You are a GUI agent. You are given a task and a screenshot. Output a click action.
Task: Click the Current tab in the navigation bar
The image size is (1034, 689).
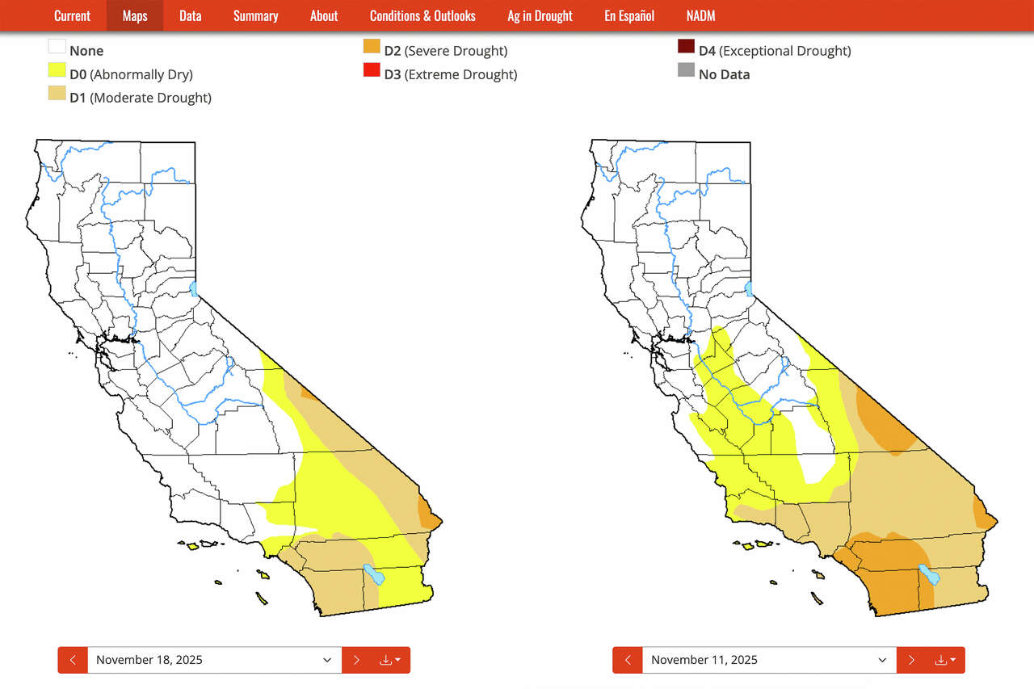(72, 16)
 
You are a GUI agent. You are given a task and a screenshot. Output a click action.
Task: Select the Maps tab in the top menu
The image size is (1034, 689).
(135, 16)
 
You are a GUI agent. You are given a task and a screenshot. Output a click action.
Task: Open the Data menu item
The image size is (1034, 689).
(191, 16)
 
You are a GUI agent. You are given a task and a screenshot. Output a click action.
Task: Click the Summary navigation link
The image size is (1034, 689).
(255, 16)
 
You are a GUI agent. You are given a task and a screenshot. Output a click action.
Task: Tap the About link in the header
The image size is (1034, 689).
(324, 16)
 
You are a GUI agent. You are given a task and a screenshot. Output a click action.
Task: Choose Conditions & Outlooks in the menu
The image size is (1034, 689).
(422, 16)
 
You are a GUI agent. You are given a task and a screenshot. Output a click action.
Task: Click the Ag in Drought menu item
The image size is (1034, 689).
(540, 16)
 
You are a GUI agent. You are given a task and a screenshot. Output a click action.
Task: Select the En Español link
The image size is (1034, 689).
(629, 16)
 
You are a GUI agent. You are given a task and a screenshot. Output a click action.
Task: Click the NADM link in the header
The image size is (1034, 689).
(700, 16)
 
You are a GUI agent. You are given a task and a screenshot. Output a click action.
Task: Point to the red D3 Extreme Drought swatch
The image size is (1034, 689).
(372, 70)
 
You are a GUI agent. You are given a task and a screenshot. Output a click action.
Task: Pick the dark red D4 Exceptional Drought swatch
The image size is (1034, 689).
(686, 47)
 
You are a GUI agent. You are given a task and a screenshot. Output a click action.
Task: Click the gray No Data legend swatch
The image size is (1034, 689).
(686, 70)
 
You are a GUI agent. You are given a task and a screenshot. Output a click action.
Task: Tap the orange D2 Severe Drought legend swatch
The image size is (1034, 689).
(372, 47)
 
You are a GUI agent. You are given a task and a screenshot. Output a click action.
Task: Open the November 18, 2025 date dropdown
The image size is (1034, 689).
(214, 660)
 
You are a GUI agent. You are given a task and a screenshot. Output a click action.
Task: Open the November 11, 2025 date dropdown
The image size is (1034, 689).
(769, 660)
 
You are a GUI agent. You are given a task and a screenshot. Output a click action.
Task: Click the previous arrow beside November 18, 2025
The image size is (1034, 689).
(73, 660)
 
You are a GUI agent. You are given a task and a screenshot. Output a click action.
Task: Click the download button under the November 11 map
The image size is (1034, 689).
(944, 660)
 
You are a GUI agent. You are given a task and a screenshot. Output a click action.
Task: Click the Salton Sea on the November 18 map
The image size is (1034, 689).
(373, 574)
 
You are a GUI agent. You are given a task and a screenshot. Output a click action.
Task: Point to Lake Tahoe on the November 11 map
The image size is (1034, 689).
(749, 288)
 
